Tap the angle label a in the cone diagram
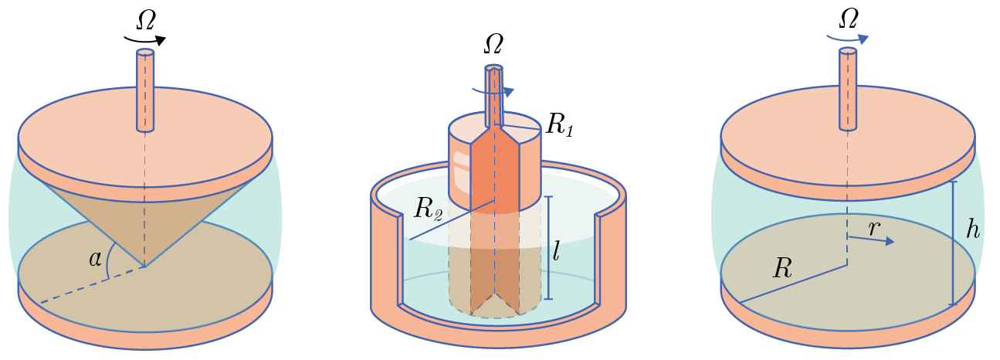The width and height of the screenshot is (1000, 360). click(96, 259)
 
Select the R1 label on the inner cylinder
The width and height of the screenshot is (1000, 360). click(558, 127)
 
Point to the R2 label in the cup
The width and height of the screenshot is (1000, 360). click(428, 209)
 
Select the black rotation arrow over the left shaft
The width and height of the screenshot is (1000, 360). click(145, 39)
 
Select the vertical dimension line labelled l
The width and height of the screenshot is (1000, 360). click(549, 247)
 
